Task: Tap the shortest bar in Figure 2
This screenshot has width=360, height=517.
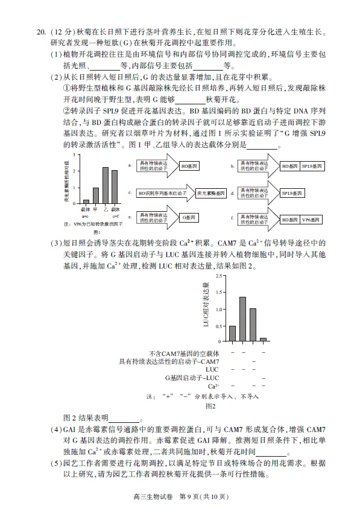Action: pyautogui.click(x=263, y=340)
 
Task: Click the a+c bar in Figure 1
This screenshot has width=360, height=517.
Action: pyautogui.click(x=86, y=201)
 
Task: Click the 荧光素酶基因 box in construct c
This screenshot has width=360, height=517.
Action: pyautogui.click(x=208, y=194)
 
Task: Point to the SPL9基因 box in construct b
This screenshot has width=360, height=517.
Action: pyautogui.click(x=312, y=165)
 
